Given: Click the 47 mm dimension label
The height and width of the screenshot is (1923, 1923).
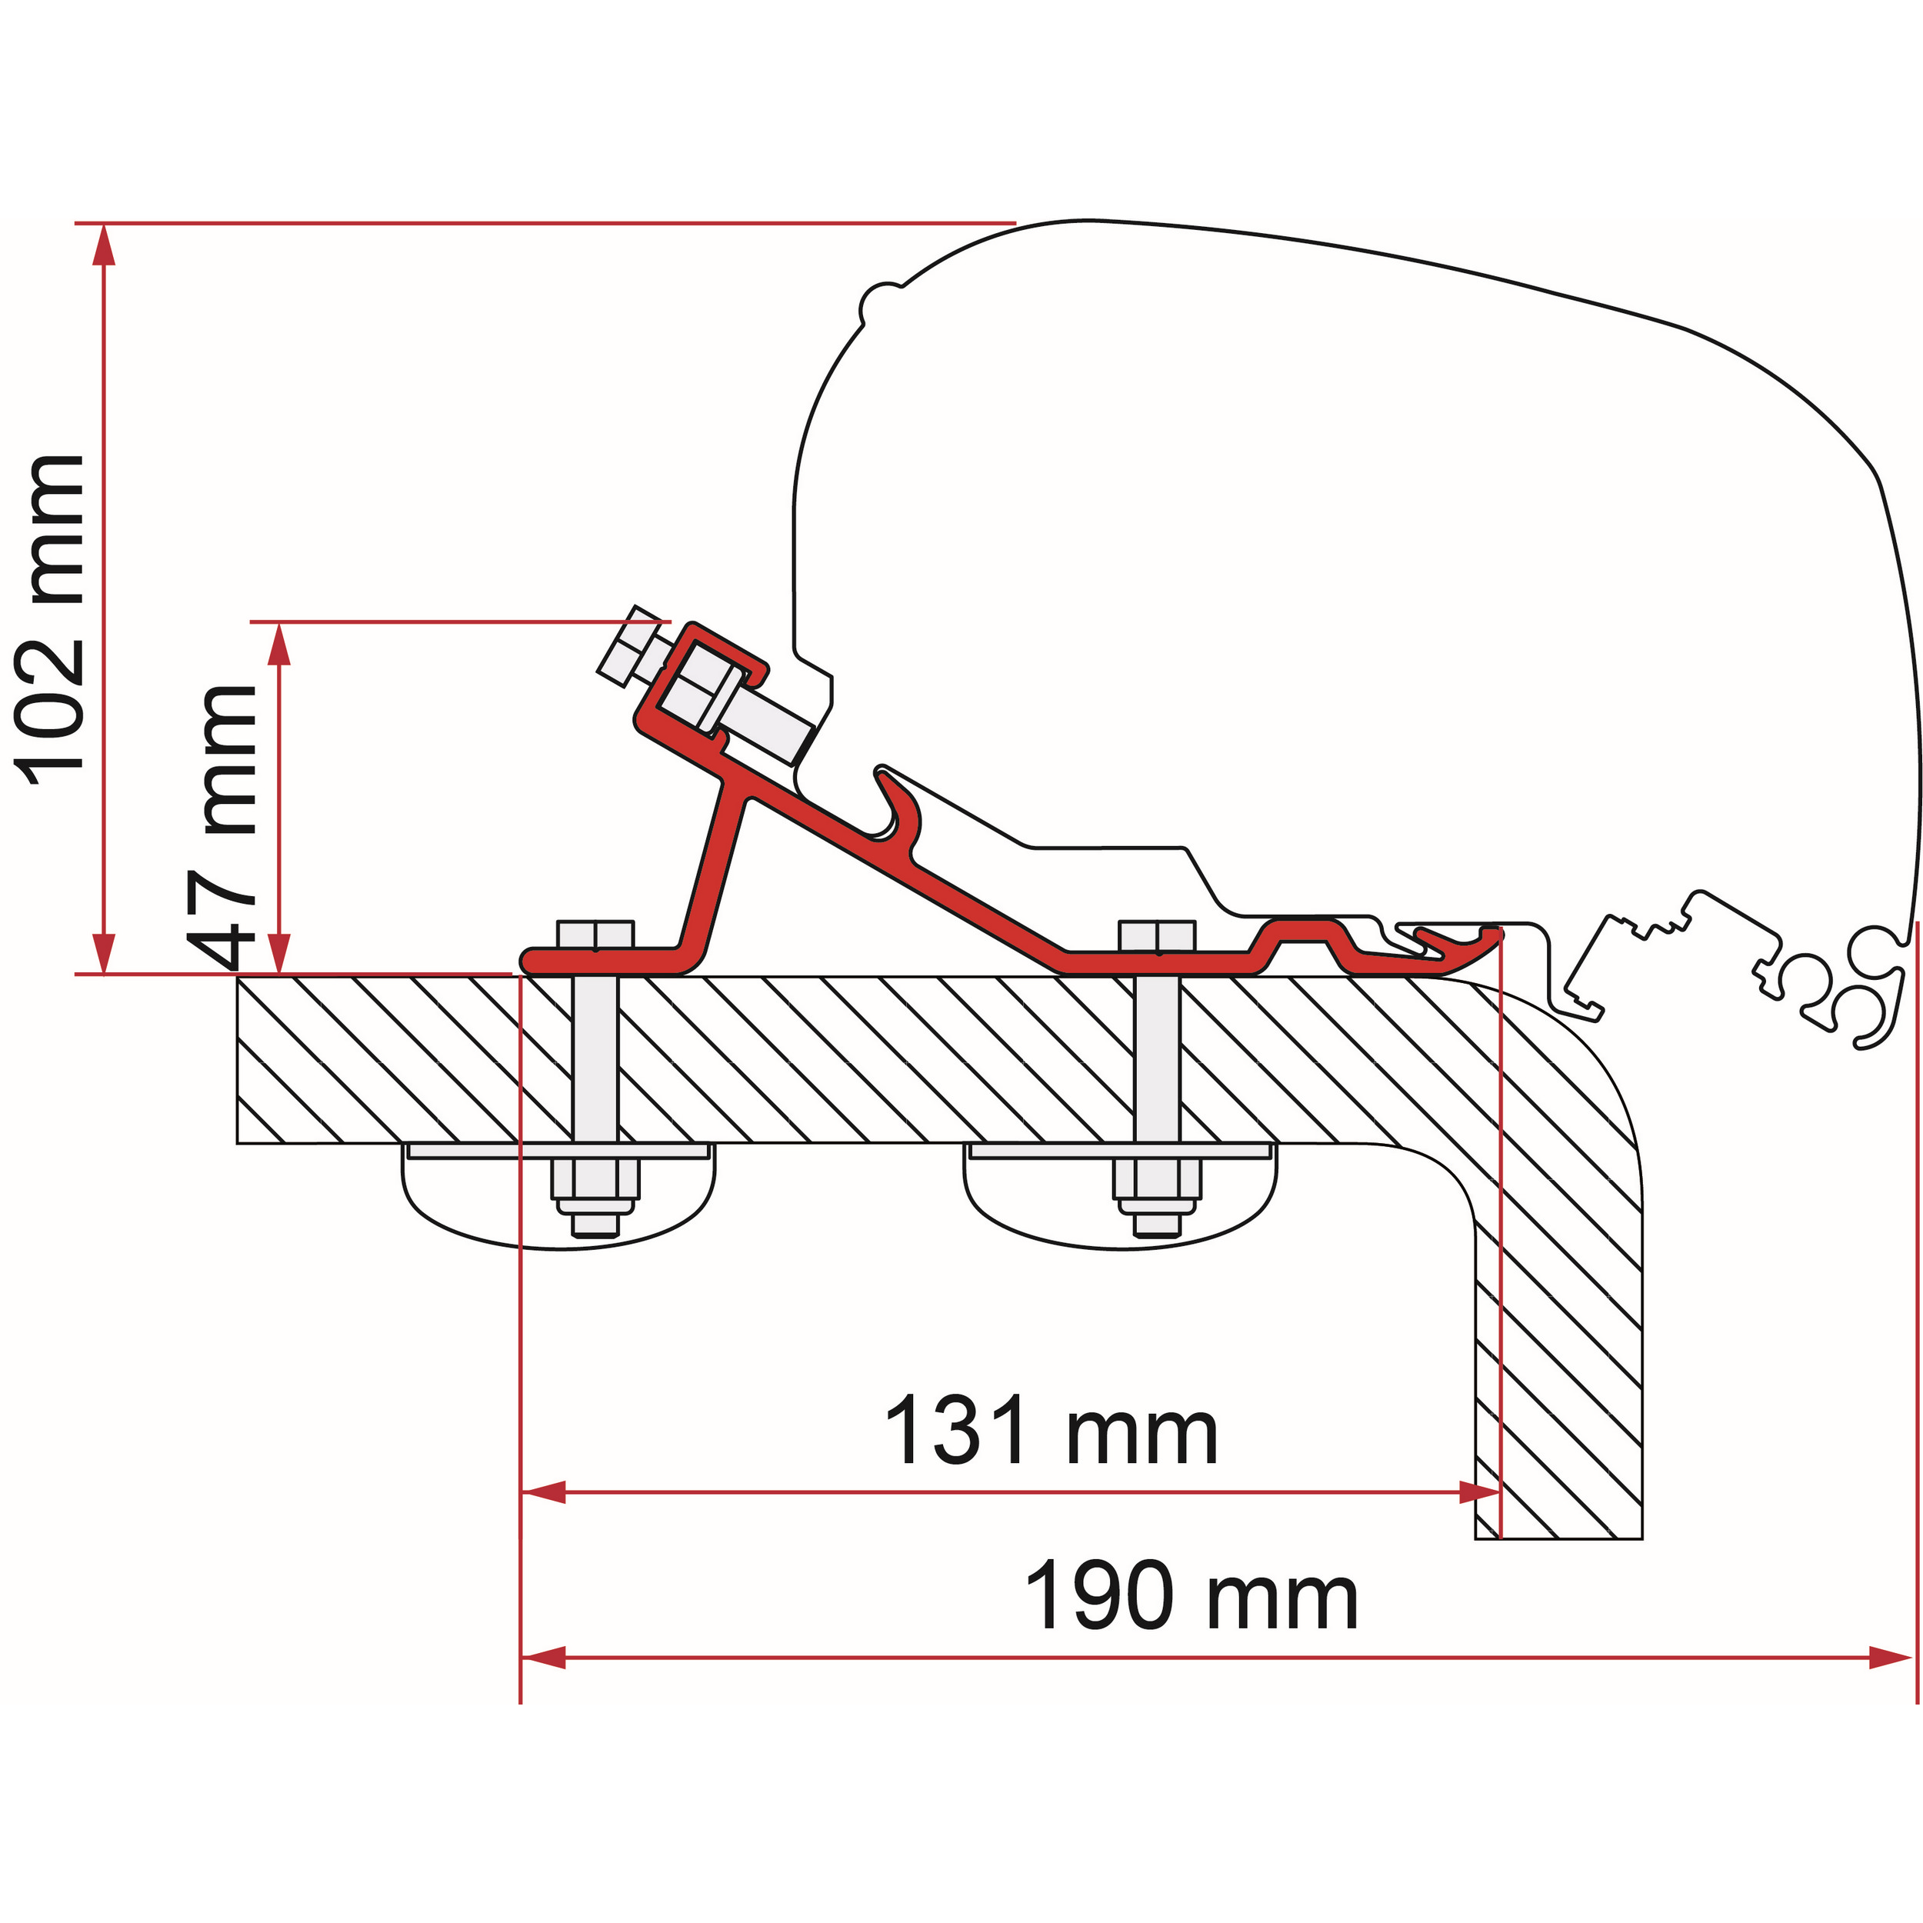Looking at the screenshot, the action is coord(227,827).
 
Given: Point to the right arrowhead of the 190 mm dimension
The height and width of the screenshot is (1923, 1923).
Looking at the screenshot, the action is coord(1889,1658).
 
